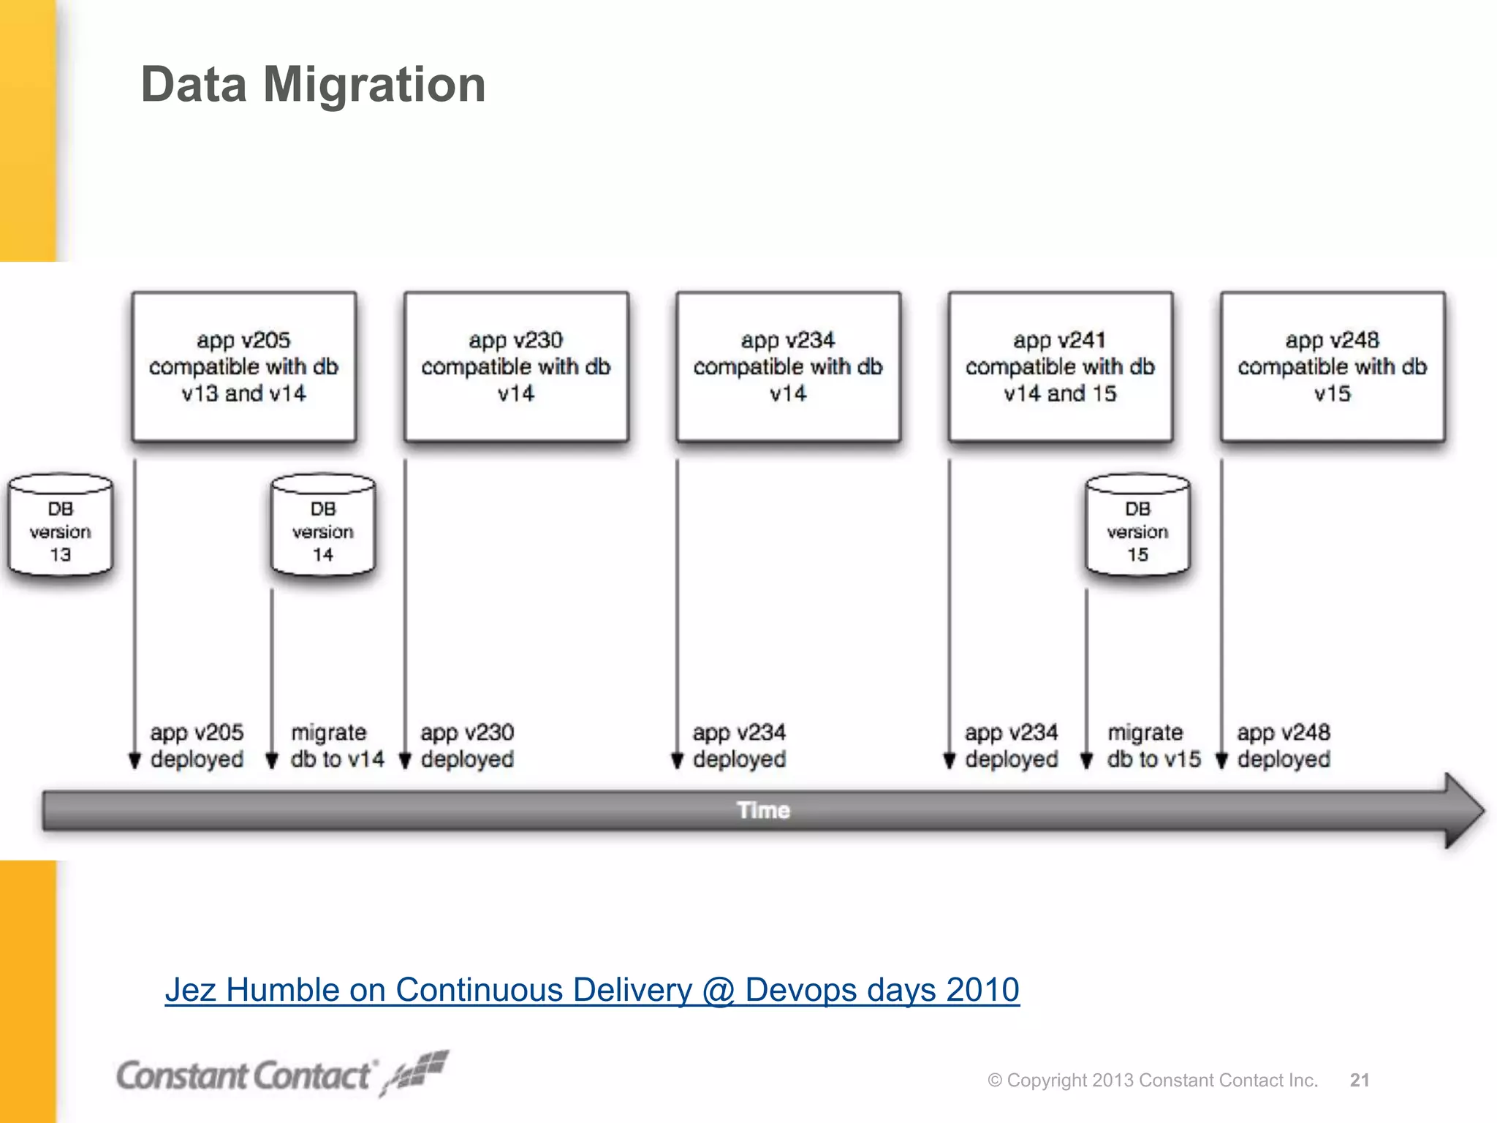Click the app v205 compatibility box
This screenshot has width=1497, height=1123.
point(243,366)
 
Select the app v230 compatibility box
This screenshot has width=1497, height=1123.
point(516,366)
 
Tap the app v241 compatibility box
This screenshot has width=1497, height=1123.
point(1060,366)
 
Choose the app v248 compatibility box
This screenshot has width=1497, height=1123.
point(1332,366)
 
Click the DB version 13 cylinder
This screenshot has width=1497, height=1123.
point(61,525)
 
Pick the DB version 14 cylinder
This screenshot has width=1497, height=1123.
point(323,525)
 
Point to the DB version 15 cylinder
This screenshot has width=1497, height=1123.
point(1137,525)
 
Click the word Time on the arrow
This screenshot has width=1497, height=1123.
point(763,810)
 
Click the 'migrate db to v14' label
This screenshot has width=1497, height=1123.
point(337,746)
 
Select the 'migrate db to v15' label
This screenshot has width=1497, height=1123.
point(1153,746)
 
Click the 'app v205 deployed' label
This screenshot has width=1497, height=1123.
point(197,746)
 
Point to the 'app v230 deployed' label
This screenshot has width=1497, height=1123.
point(467,746)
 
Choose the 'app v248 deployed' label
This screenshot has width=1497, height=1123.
point(1284,746)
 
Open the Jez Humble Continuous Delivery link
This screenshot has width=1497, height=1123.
point(592,990)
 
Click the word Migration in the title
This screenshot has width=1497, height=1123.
point(374,85)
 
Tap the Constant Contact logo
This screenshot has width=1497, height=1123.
point(281,1075)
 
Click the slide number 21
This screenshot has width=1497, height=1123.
point(1360,1080)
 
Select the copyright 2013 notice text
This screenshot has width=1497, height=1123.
point(1153,1080)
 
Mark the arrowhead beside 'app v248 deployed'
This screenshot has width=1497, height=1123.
point(1221,760)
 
